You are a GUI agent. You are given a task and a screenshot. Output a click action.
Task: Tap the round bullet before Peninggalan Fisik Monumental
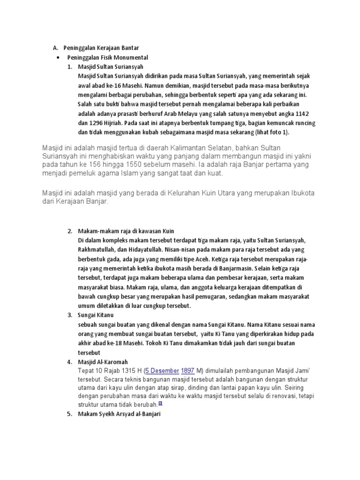point(57,57)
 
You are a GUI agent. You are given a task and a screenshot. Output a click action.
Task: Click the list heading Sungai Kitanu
point(96,315)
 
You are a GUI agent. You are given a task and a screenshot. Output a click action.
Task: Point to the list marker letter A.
point(54,48)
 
